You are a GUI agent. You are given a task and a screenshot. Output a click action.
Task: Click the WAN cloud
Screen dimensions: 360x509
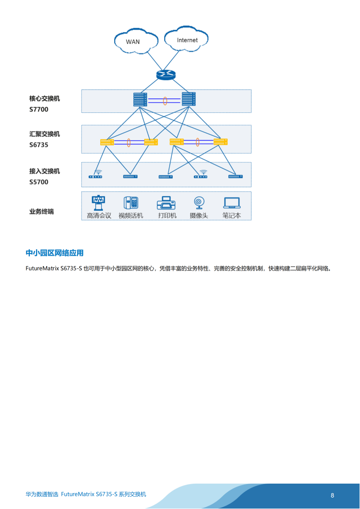click(x=136, y=41)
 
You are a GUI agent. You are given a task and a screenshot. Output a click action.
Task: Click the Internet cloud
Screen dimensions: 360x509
click(x=186, y=39)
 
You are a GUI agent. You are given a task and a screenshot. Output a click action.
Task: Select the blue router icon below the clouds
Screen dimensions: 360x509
click(x=166, y=75)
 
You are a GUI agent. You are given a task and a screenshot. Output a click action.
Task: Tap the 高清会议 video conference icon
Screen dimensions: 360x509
click(x=98, y=203)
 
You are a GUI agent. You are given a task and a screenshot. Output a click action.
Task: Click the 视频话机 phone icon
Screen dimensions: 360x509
click(x=131, y=203)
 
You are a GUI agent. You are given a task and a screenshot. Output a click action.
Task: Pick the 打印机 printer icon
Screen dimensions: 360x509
click(x=166, y=204)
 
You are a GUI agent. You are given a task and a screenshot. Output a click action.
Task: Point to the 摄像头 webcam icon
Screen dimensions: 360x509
click(x=199, y=204)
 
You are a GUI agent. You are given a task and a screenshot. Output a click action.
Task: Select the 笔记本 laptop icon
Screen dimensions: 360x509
click(x=232, y=204)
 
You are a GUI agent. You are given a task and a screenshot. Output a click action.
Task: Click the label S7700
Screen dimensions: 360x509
click(x=39, y=109)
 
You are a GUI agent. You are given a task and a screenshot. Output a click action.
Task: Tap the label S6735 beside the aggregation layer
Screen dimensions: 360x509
click(x=39, y=145)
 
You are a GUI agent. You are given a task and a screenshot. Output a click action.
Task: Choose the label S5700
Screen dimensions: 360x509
click(x=39, y=182)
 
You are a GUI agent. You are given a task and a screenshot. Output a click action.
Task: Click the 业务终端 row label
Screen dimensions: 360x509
click(x=42, y=212)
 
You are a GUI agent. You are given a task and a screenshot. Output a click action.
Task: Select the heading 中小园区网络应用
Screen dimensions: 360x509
click(x=54, y=253)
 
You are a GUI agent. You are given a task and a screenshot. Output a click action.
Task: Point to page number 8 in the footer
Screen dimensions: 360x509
click(x=332, y=495)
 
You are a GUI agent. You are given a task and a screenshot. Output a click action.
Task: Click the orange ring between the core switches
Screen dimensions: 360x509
click(x=165, y=101)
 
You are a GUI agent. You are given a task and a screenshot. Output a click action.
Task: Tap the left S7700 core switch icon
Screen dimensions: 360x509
click(x=140, y=99)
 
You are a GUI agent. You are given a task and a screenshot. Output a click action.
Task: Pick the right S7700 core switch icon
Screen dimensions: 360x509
click(x=189, y=99)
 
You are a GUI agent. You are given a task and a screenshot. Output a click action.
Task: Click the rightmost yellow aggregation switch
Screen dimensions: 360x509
click(x=220, y=142)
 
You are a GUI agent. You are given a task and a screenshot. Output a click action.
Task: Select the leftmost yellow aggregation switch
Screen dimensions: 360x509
click(x=107, y=142)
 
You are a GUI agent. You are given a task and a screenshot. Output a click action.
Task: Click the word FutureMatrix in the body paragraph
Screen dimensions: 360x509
click(x=42, y=269)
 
